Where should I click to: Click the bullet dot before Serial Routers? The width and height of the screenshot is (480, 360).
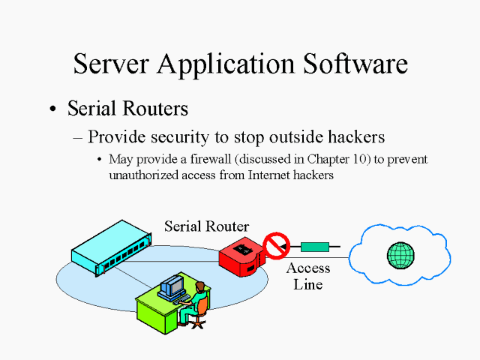pyautogui.click(x=52, y=109)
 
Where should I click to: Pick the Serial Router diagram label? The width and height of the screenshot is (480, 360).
pyautogui.click(x=206, y=226)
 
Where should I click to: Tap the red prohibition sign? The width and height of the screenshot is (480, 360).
pyautogui.click(x=277, y=245)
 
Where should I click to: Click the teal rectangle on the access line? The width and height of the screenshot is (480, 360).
pyautogui.click(x=314, y=246)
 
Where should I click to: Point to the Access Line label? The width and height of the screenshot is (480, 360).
pyautogui.click(x=308, y=276)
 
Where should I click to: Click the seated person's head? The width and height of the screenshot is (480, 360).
pyautogui.click(x=200, y=287)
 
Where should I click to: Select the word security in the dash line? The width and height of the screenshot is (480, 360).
pyautogui.click(x=184, y=137)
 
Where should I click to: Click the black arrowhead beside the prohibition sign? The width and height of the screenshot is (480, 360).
pyautogui.click(x=293, y=246)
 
